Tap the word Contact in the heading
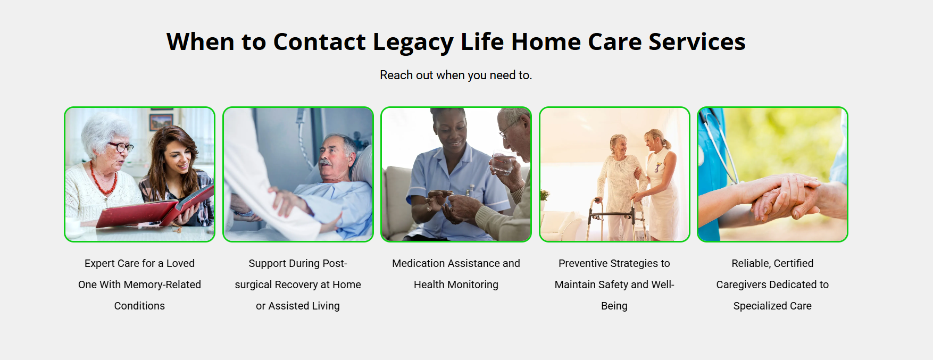pos(319,41)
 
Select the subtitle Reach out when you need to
pos(456,75)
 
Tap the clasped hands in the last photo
pos(782,197)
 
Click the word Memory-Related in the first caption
pos(162,284)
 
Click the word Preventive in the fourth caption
pos(583,263)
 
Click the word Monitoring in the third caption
pos(473,285)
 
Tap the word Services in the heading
pos(697,41)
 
